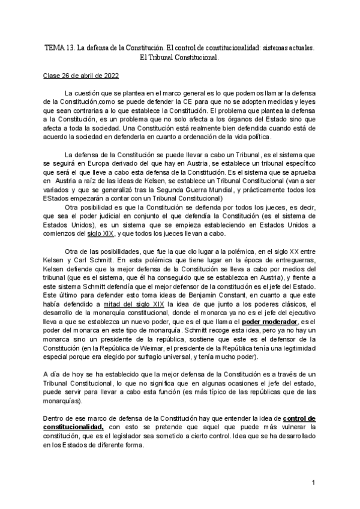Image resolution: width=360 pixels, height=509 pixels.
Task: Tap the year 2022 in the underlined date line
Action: (x=110, y=77)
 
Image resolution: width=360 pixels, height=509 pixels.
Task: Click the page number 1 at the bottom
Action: (x=314, y=482)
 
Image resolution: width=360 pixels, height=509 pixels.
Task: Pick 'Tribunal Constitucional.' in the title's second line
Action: (x=185, y=59)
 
